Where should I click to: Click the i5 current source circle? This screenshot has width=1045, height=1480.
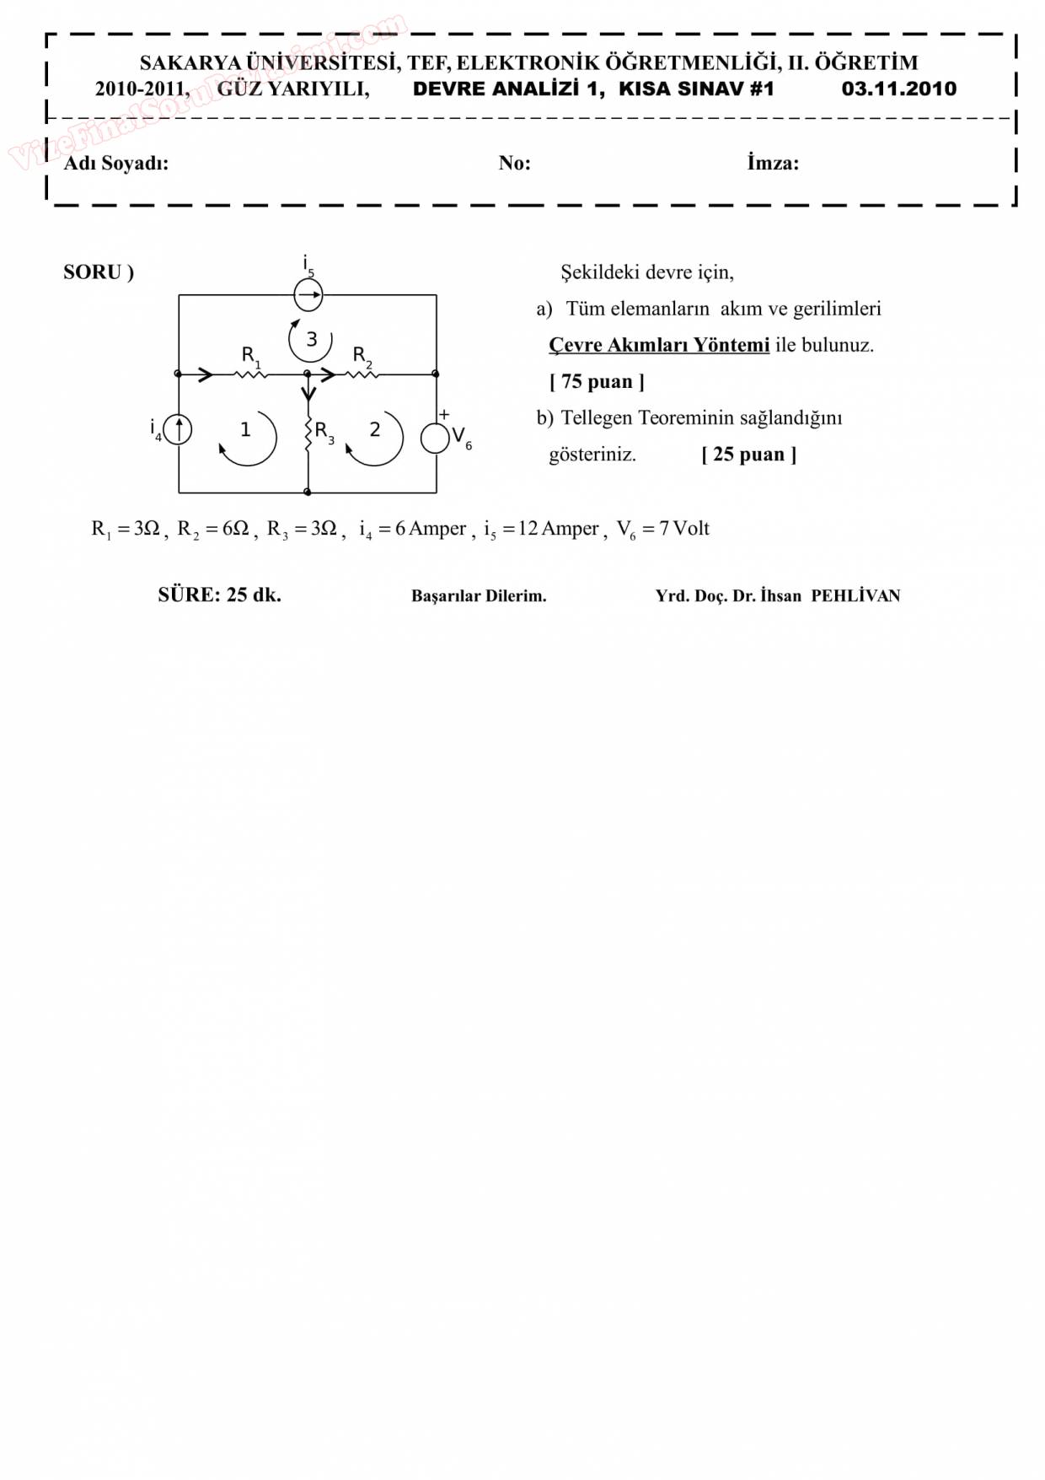click(x=308, y=295)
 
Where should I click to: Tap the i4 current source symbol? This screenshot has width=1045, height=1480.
click(x=178, y=430)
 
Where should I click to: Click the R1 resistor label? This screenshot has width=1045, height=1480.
click(x=250, y=355)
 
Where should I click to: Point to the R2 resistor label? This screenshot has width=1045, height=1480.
click(x=361, y=355)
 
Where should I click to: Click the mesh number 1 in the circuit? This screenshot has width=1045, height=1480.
click(x=245, y=430)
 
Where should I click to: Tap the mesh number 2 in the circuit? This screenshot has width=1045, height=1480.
click(x=375, y=430)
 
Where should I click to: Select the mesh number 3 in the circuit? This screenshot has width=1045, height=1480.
click(x=312, y=339)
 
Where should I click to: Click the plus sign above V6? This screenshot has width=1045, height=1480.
click(x=444, y=415)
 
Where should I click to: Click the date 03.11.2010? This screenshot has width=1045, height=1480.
click(x=898, y=89)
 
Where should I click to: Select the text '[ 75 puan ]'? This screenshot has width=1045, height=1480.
click(x=597, y=382)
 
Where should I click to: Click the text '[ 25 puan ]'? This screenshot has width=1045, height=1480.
click(x=748, y=455)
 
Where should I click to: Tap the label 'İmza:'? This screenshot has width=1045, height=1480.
click(x=772, y=163)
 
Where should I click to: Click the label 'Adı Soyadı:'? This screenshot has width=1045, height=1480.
click(x=116, y=163)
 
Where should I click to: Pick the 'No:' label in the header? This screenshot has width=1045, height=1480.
click(x=514, y=163)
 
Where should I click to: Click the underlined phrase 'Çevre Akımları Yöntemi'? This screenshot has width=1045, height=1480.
click(x=659, y=345)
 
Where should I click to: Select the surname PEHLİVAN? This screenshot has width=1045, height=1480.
click(x=855, y=596)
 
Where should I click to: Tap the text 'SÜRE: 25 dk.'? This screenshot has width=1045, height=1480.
click(x=219, y=595)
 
